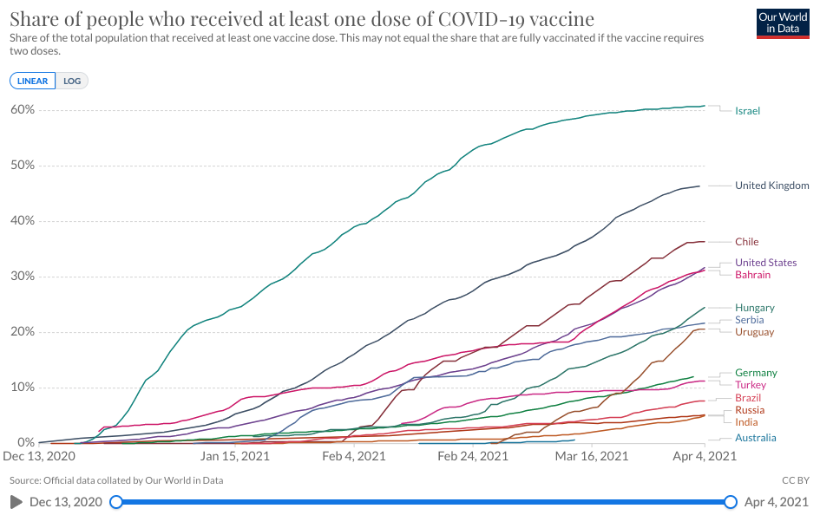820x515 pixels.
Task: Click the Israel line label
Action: click(747, 111)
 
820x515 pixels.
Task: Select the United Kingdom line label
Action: click(771, 186)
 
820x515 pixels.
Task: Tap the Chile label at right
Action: click(747, 242)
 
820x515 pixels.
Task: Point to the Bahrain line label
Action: click(753, 275)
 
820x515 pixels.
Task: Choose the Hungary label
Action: click(754, 308)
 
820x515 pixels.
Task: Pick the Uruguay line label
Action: click(754, 332)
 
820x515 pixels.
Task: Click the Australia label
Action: click(755, 438)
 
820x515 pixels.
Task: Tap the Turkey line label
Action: click(751, 385)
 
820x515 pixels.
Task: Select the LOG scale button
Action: click(72, 81)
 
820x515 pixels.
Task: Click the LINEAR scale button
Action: click(33, 81)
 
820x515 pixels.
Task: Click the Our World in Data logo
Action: click(783, 23)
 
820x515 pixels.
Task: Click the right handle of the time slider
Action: click(731, 502)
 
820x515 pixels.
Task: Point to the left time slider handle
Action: click(116, 502)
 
